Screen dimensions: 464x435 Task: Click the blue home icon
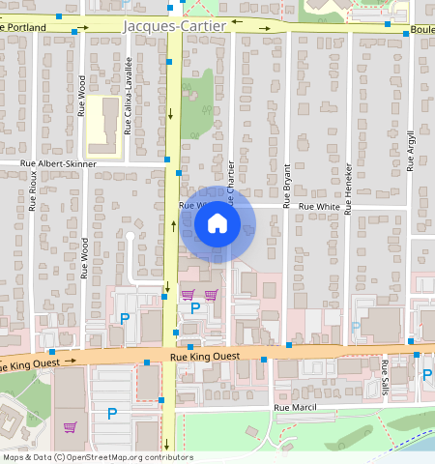(217, 225)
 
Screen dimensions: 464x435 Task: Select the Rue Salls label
(385, 372)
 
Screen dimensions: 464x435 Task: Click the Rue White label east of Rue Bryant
(318, 207)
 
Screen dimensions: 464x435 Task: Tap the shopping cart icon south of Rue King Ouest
(69, 426)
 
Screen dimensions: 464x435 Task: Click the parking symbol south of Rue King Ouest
(112, 414)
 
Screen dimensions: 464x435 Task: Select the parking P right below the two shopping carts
(195, 308)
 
